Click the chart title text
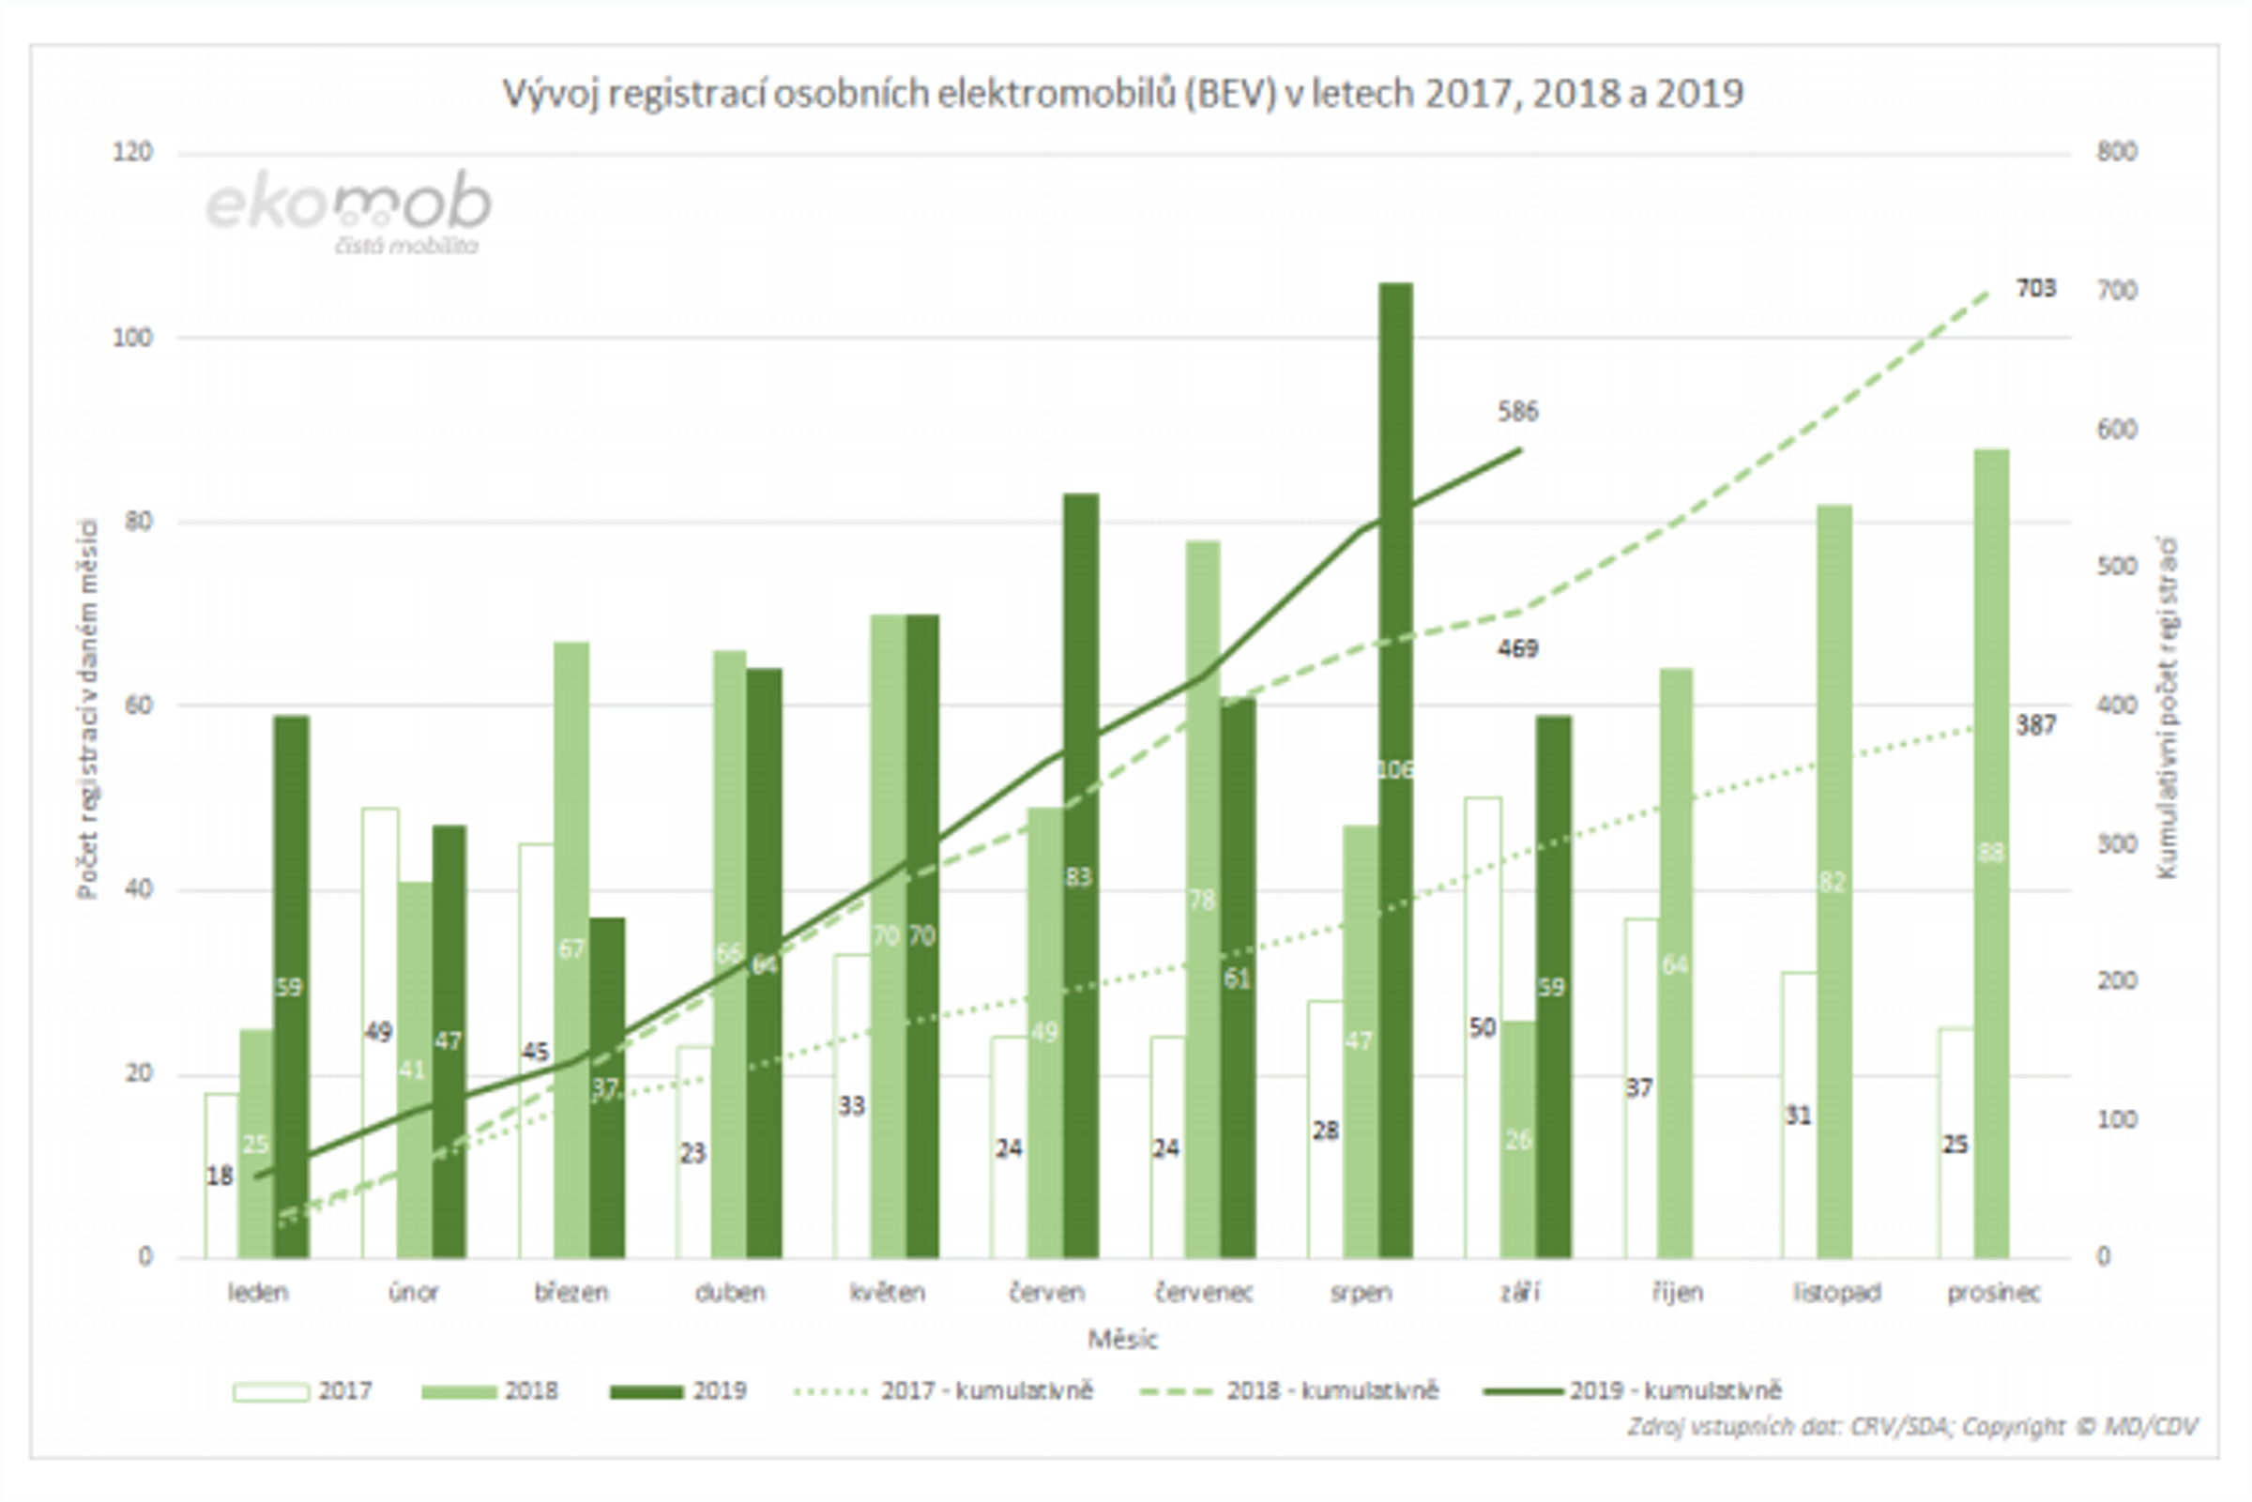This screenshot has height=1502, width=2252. (1122, 94)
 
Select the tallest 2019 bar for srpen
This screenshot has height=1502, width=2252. (1395, 671)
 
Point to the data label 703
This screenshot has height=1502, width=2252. (2035, 288)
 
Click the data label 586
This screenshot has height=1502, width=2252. (1518, 412)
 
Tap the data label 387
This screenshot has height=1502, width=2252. (2035, 725)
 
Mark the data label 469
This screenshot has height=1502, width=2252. (1518, 648)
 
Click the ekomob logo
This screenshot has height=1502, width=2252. (351, 211)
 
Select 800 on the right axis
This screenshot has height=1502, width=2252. (2116, 152)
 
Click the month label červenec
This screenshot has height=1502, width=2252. (1203, 1293)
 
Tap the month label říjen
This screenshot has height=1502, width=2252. (1676, 1293)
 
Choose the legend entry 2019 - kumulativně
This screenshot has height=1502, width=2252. (1634, 1391)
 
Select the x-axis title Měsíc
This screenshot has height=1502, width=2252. (1122, 1339)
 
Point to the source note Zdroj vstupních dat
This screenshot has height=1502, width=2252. (1912, 1427)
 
